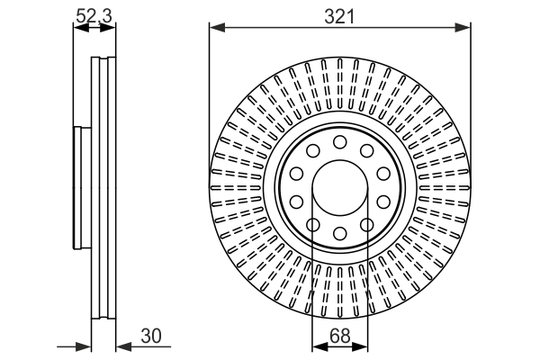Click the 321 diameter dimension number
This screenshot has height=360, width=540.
(340, 16)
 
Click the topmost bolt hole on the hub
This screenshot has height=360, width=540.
(340, 141)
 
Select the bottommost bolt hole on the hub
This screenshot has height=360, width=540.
(340, 234)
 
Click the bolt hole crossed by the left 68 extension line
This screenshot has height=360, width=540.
(312, 224)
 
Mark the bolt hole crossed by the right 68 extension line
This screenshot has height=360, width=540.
(368, 224)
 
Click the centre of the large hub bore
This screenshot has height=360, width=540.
(340, 187)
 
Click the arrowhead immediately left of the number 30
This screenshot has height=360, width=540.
(122, 345)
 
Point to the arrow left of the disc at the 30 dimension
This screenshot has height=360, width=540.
(85, 345)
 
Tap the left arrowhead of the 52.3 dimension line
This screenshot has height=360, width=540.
(77, 28)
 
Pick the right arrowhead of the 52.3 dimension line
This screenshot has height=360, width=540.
(112, 28)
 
